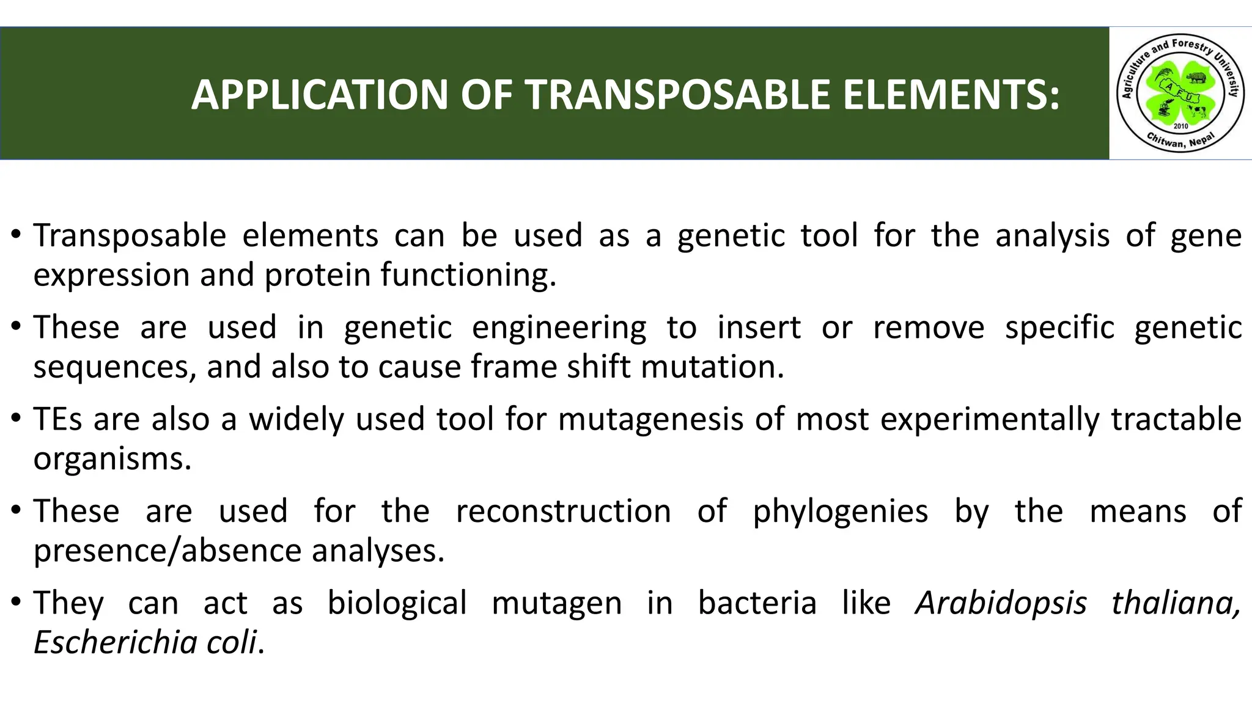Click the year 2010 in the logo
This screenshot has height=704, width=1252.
point(1180,126)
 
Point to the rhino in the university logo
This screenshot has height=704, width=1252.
point(1196,78)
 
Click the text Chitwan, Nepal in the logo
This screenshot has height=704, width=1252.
point(1180,141)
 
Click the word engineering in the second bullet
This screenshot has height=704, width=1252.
point(559,328)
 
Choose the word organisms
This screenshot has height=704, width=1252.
point(112,459)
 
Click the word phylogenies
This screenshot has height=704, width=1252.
point(840,512)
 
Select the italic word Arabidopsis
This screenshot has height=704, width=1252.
point(1001,603)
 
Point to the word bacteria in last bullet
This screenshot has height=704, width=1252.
point(757,603)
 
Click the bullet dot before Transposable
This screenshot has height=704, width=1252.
point(17,235)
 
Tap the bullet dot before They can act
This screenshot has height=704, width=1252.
point(17,603)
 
